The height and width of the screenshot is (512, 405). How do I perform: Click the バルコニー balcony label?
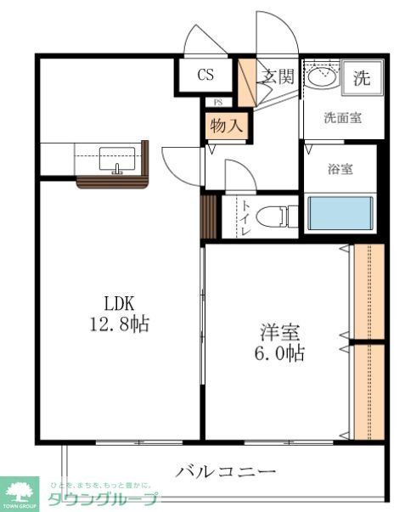tap(226, 472)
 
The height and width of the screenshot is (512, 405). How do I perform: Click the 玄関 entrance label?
tap(277, 76)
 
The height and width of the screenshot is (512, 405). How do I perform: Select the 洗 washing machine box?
tap(362, 80)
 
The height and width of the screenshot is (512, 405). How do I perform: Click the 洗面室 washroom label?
tap(343, 118)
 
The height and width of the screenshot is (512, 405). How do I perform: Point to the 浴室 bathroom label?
tap(340, 169)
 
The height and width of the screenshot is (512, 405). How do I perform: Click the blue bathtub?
tap(340, 213)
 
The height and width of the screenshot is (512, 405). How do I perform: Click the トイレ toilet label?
tap(245, 217)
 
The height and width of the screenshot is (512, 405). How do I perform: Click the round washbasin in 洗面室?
tap(321, 77)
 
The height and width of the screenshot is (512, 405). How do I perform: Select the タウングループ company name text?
tap(102, 498)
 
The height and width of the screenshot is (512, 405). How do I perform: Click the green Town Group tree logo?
tap(22, 490)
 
